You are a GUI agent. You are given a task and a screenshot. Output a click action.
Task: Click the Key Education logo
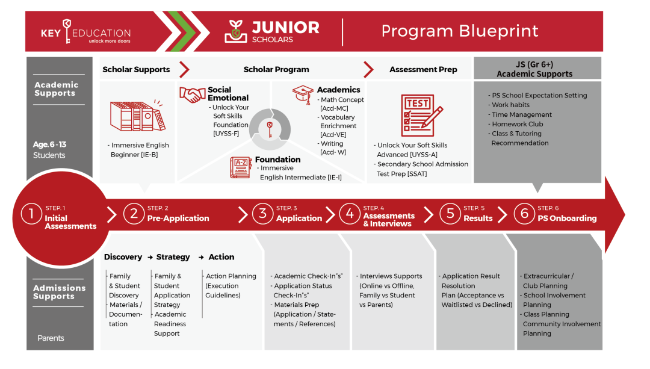coord(85,34)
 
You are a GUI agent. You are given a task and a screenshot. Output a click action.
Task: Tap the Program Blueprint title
coord(460,31)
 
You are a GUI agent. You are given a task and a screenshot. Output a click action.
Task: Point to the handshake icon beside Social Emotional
coord(193,95)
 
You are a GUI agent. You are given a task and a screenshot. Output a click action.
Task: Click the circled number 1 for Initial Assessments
coord(31,214)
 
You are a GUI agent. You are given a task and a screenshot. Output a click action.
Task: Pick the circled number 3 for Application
coord(262,214)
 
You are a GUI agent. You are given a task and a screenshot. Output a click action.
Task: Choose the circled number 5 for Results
coord(450,214)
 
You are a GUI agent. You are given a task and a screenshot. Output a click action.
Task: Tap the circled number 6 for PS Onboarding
coord(524,214)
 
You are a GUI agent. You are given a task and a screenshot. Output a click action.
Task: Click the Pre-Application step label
coord(178,219)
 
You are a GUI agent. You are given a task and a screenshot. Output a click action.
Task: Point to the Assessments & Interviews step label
coord(389,220)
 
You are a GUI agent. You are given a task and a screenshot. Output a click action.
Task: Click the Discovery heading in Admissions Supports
coord(123,257)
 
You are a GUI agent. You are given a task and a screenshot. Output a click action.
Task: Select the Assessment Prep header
coord(423,70)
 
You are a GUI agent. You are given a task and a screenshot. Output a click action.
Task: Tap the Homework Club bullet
coord(517,124)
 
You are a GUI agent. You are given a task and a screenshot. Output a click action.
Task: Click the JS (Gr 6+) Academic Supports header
coord(534,69)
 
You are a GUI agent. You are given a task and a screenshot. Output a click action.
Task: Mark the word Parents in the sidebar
coord(51,338)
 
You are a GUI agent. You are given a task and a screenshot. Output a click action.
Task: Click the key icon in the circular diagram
coord(270,128)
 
